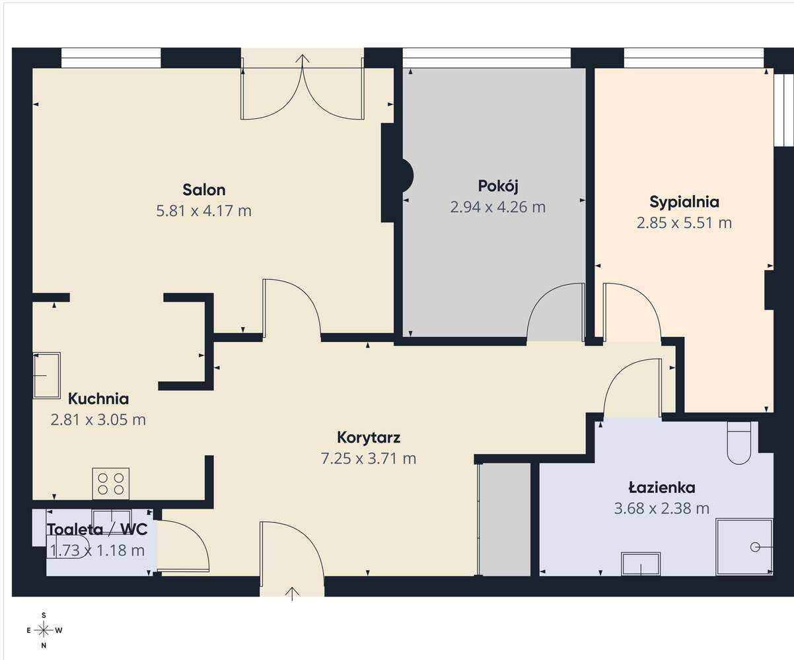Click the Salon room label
coord(204,190)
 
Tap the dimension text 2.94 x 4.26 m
coord(497,207)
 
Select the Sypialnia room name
coord(684,202)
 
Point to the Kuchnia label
coord(98,399)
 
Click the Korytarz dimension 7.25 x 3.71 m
coord(369,458)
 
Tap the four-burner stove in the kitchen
coord(111,483)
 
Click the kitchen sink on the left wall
coord(47,375)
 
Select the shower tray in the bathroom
coord(744,546)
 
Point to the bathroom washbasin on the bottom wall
coord(641,564)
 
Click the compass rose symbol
coord(44,630)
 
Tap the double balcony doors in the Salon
coord(303,92)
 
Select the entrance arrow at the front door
coord(292,593)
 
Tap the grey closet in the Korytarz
coord(505,519)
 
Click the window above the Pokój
coord(486,58)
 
